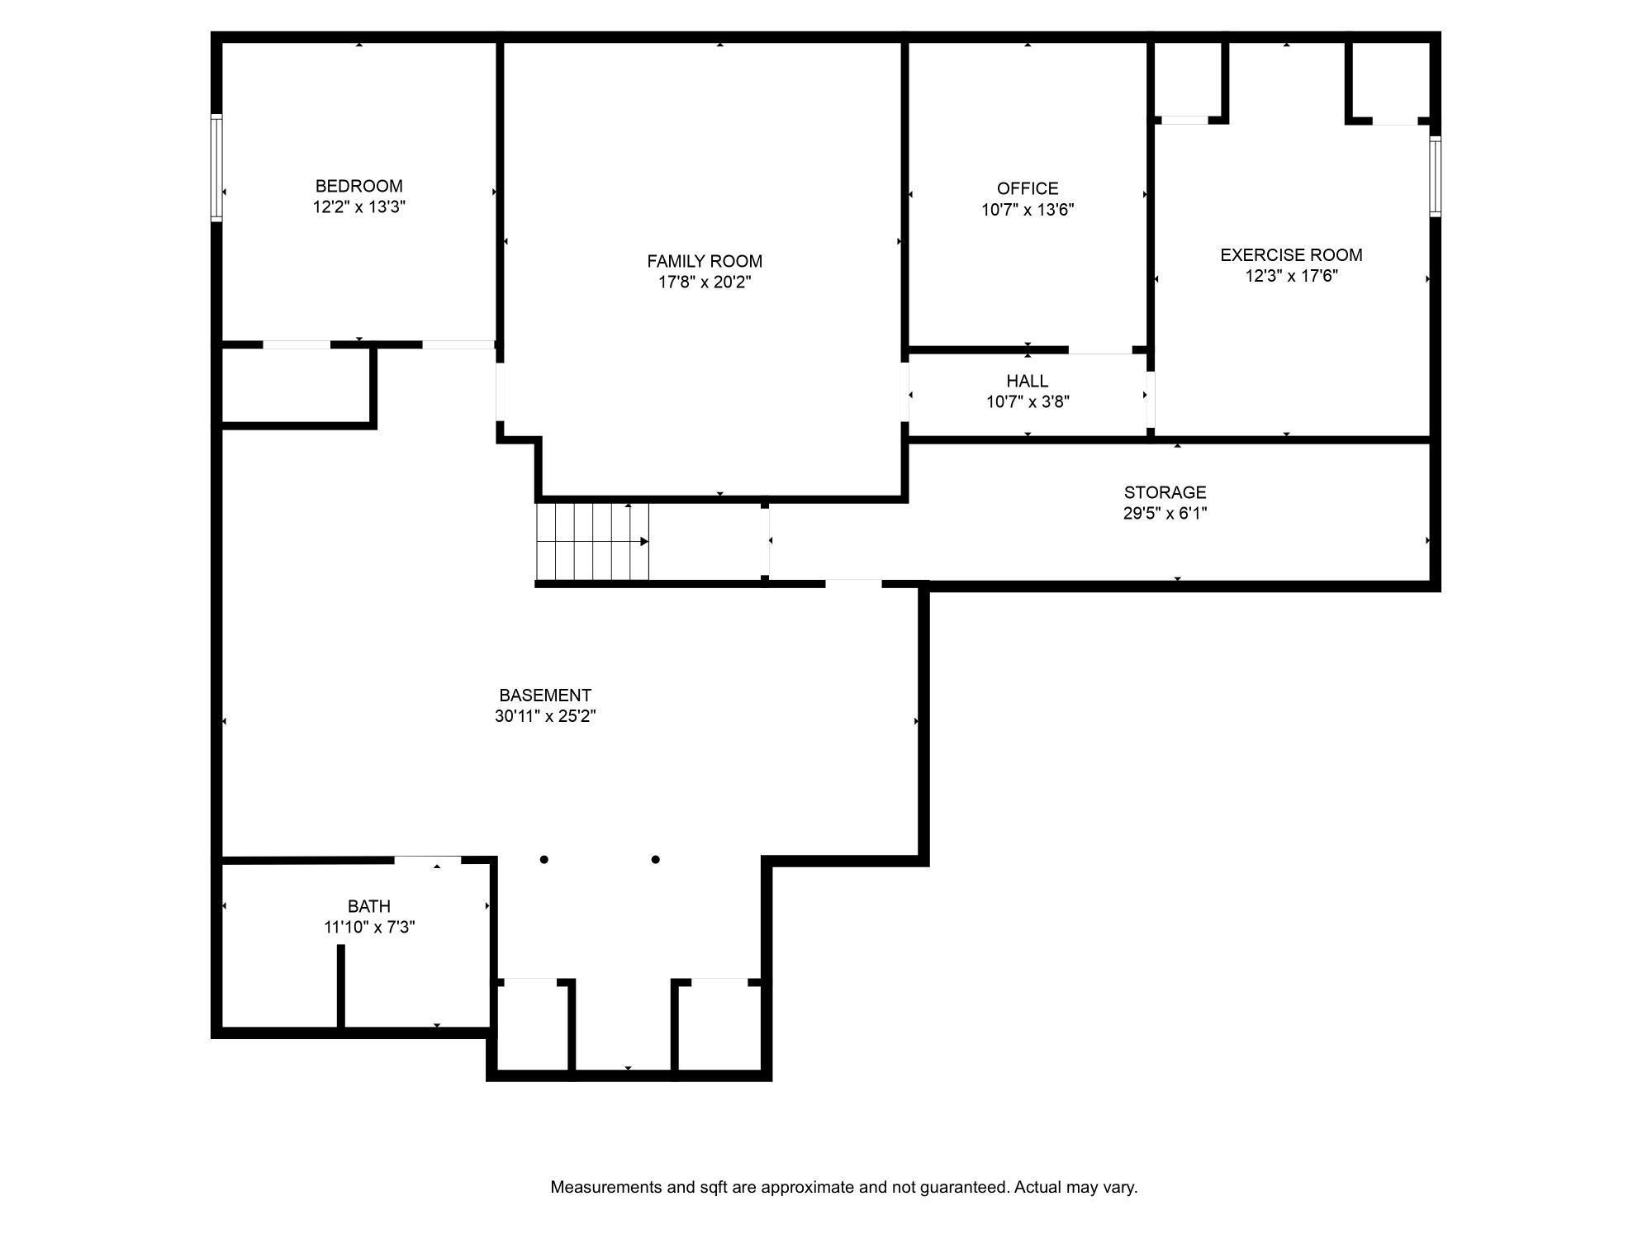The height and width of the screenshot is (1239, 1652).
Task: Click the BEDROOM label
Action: (358, 186)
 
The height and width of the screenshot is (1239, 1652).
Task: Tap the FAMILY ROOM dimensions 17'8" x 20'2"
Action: (705, 282)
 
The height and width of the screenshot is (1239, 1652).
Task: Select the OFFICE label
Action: (1027, 188)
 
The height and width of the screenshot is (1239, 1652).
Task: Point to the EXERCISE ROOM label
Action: (1291, 255)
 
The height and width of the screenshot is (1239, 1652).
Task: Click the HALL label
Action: (1027, 381)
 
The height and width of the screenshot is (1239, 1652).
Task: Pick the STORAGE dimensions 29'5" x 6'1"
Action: (1165, 514)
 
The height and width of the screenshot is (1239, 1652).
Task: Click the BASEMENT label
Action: (544, 695)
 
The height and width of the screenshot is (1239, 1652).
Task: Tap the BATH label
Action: (368, 906)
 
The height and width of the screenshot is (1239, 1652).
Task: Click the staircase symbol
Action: (592, 542)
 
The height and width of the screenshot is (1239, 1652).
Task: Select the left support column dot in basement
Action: (544, 860)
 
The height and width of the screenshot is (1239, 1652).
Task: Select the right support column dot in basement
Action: (655, 860)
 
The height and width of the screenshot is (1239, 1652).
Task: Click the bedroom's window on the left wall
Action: (216, 168)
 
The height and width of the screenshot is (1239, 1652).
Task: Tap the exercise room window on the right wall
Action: (1436, 176)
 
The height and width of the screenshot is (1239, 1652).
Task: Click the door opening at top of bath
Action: (427, 861)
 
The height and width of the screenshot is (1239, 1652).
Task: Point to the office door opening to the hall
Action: (1099, 351)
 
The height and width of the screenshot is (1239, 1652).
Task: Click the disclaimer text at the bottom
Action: (843, 1188)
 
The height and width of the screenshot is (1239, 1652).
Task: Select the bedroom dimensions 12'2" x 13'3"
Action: (358, 207)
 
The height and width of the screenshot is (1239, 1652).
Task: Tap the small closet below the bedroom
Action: (295, 387)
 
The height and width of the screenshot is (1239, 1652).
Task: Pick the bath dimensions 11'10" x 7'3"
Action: (368, 928)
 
